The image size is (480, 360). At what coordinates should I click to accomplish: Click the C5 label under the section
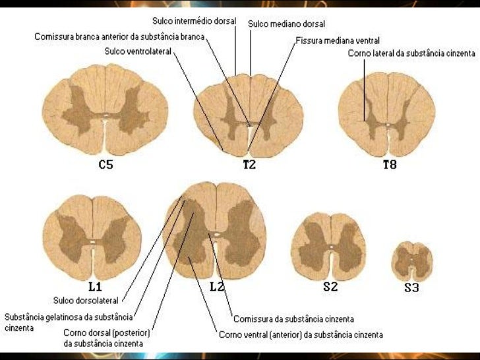[105, 165]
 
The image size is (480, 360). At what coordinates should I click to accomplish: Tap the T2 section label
[249, 165]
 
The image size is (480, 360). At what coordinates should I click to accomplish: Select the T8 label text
[390, 165]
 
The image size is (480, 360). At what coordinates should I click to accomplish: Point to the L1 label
[95, 287]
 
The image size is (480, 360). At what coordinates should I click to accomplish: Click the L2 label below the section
[218, 287]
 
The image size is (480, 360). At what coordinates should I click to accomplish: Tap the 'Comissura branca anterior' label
[119, 36]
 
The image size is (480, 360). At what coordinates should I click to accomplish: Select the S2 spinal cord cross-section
[329, 247]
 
